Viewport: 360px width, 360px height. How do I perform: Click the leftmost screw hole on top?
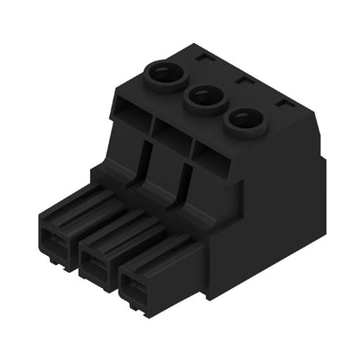(163, 76)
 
